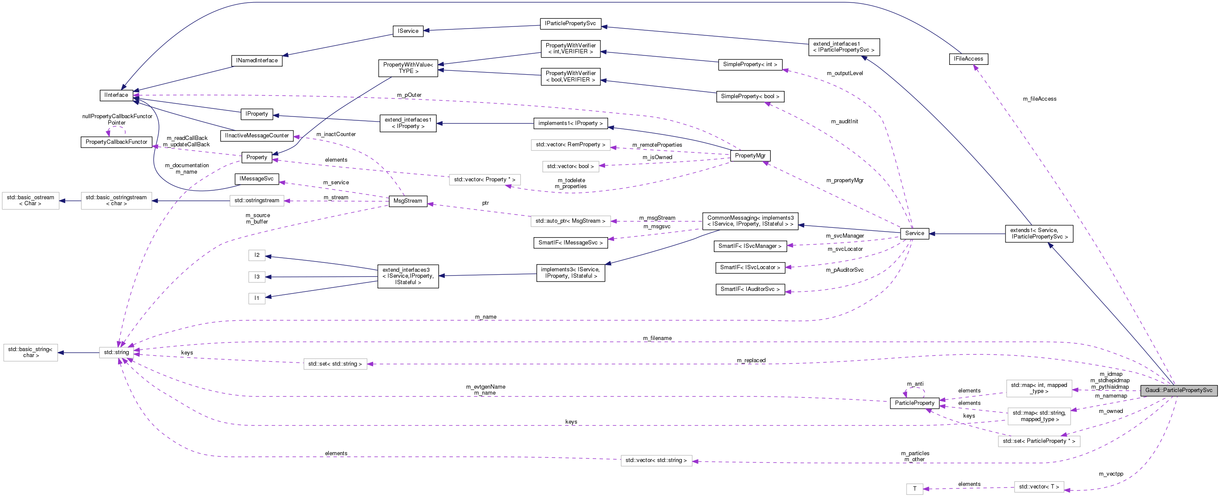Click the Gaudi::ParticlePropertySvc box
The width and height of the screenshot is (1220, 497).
pos(1178,390)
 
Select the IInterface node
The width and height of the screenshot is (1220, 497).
pos(116,95)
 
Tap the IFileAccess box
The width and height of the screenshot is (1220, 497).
pos(968,59)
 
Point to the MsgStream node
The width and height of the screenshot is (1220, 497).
pos(407,201)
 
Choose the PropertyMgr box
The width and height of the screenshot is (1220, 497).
pos(750,156)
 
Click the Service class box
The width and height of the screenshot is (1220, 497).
pos(914,233)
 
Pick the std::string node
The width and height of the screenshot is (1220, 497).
pos(116,352)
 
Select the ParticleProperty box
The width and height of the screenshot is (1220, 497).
pos(914,403)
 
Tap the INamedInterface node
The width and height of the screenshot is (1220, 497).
pos(257,61)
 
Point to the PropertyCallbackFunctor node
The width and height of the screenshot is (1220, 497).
pos(116,142)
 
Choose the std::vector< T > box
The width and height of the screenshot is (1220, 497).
pos(1039,487)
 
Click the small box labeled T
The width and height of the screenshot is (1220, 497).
pos(914,488)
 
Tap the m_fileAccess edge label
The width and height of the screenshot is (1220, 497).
pos(1039,99)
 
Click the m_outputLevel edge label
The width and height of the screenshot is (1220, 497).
pos(844,73)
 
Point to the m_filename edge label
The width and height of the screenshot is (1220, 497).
pos(657,338)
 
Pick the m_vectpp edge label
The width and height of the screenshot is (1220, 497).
pos(1110,474)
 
